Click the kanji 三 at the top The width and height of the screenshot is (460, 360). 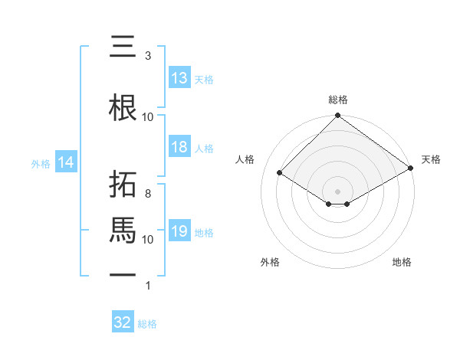(x=122, y=47)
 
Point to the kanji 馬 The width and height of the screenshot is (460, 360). (x=123, y=229)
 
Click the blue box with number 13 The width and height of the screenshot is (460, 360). (x=179, y=78)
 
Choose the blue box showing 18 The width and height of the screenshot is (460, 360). (x=179, y=148)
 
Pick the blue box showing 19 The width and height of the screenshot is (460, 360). (x=179, y=232)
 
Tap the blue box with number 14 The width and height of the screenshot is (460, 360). (x=66, y=162)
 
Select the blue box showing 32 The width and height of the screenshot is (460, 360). (x=123, y=322)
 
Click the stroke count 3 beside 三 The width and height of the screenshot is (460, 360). (x=147, y=56)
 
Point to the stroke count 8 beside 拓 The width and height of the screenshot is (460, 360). (x=147, y=194)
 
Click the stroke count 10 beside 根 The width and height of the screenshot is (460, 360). (x=148, y=116)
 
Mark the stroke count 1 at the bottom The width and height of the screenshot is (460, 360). (x=147, y=286)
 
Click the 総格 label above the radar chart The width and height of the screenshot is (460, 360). (x=337, y=100)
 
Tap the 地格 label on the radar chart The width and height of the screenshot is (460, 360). (x=402, y=263)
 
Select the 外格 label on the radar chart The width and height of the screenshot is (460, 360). (x=270, y=263)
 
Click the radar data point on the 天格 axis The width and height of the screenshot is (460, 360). (x=411, y=169)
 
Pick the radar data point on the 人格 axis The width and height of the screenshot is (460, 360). (x=280, y=173)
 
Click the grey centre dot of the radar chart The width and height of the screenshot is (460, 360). (x=337, y=191)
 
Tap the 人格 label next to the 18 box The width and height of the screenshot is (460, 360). (x=204, y=149)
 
